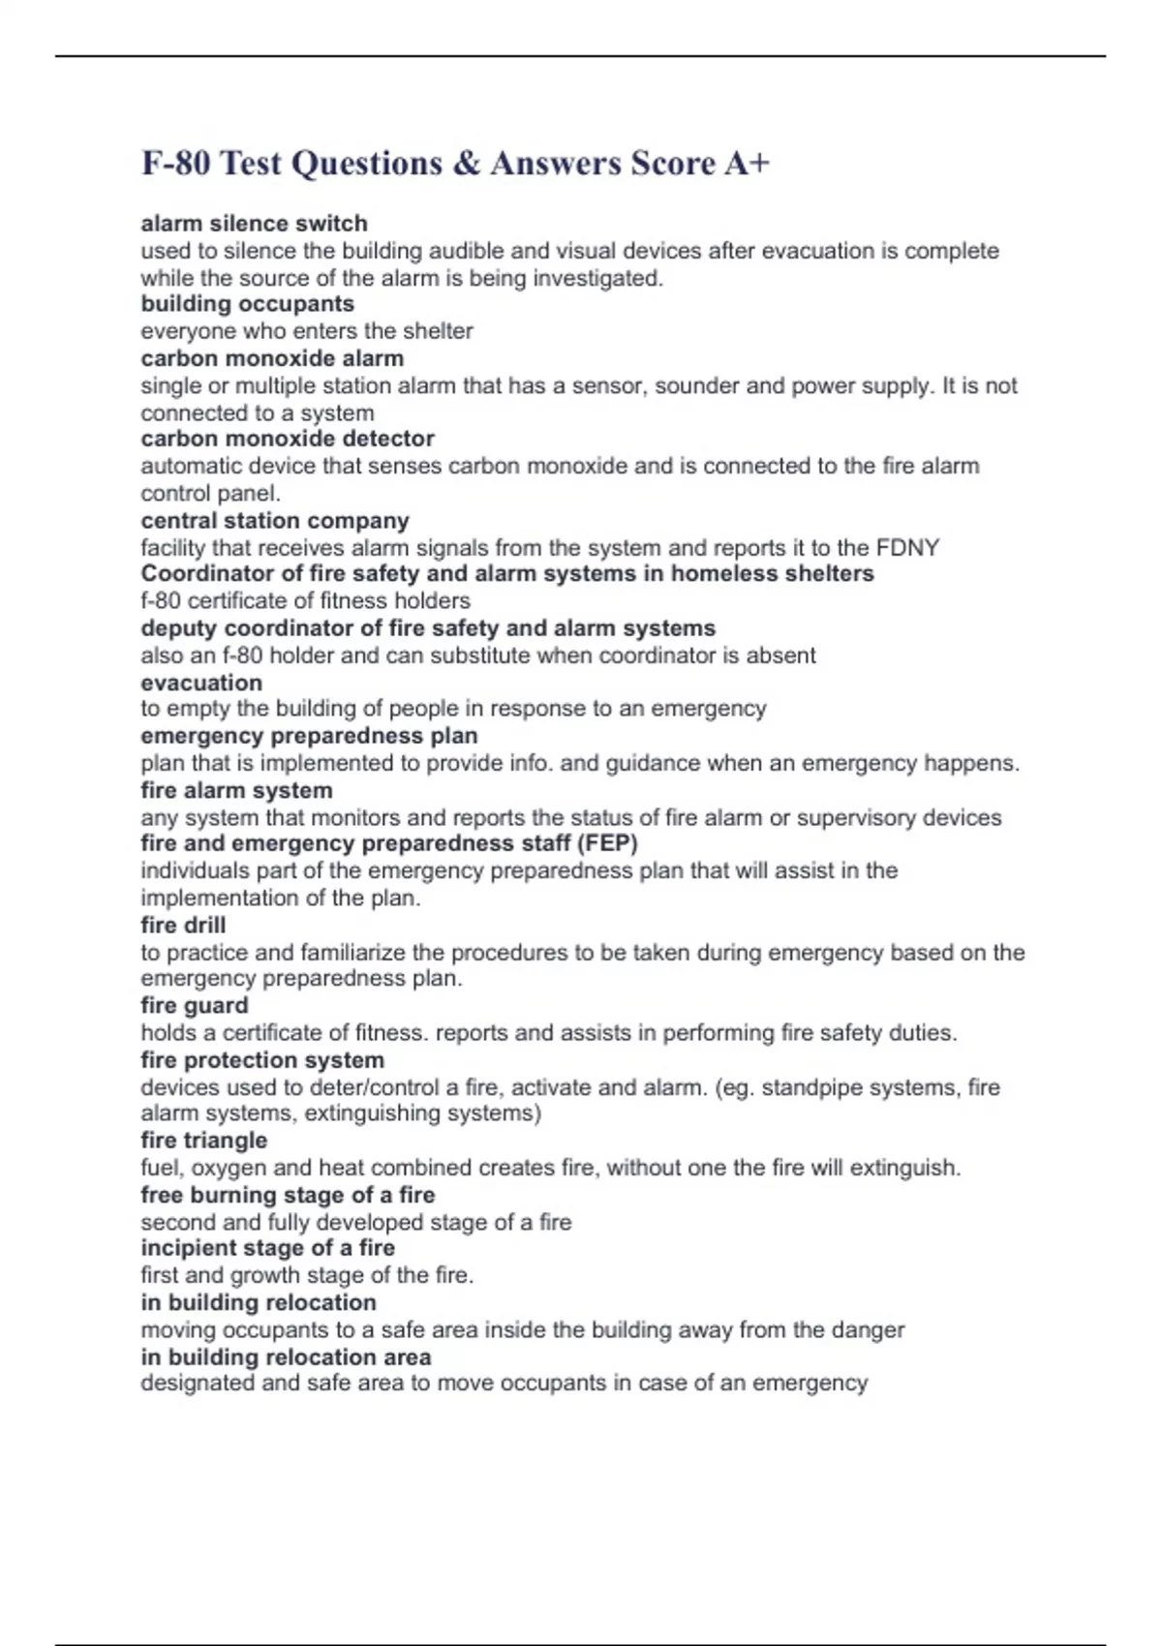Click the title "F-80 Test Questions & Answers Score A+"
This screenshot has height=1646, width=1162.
[455, 163]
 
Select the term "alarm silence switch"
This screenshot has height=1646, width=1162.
[254, 224]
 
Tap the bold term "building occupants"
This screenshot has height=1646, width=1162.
[247, 304]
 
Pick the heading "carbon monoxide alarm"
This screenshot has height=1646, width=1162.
[272, 358]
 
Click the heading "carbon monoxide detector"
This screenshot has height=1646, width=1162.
[287, 439]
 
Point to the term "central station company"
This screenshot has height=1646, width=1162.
[275, 521]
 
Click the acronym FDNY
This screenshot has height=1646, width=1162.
[907, 548]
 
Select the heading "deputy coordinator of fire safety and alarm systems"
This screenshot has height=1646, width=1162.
[428, 628]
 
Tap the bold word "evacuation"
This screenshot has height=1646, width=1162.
[201, 683]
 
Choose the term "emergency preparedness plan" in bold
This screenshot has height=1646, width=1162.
[309, 736]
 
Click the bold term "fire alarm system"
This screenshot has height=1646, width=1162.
[236, 790]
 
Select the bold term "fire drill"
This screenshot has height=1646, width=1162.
[183, 925]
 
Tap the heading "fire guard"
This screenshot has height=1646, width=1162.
[194, 1006]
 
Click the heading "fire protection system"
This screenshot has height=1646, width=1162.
[262, 1060]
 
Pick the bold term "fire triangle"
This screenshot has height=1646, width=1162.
[203, 1141]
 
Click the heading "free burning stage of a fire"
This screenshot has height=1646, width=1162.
[288, 1195]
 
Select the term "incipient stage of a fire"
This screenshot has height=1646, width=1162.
[267, 1248]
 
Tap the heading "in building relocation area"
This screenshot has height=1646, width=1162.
[286, 1357]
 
